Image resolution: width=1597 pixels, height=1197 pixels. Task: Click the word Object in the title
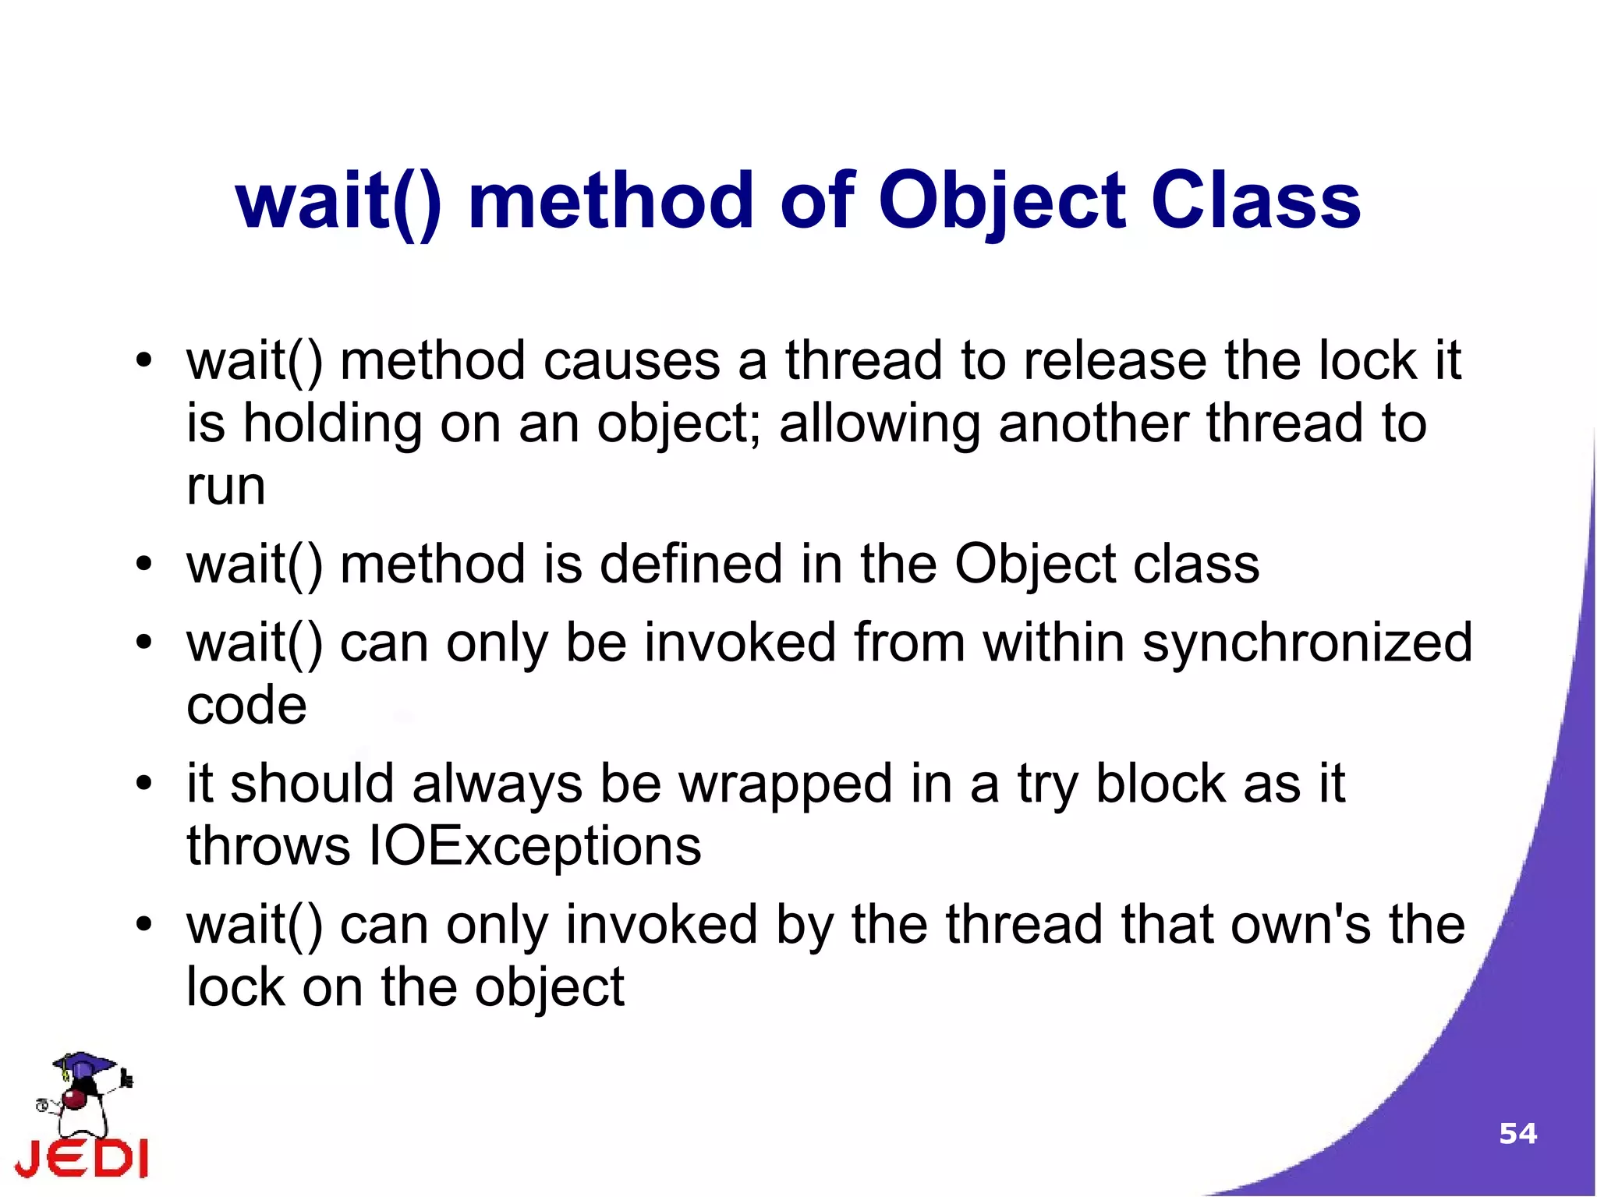[x=1002, y=201]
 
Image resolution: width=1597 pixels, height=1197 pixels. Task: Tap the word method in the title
[x=611, y=201]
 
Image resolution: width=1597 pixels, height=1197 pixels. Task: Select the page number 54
[x=1517, y=1133]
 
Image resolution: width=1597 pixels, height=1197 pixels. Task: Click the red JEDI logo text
[x=82, y=1157]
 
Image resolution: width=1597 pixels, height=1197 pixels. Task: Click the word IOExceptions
[x=534, y=846]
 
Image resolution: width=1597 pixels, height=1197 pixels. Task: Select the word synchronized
[x=1307, y=643]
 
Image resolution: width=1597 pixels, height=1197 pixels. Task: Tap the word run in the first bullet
[x=225, y=487]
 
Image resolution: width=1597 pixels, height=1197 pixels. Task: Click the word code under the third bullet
[x=246, y=706]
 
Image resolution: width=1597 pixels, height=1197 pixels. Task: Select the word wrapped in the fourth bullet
[x=786, y=784]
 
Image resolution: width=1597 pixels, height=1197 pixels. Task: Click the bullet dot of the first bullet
[x=143, y=361]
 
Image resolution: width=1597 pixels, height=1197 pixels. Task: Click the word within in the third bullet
[x=1053, y=643]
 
